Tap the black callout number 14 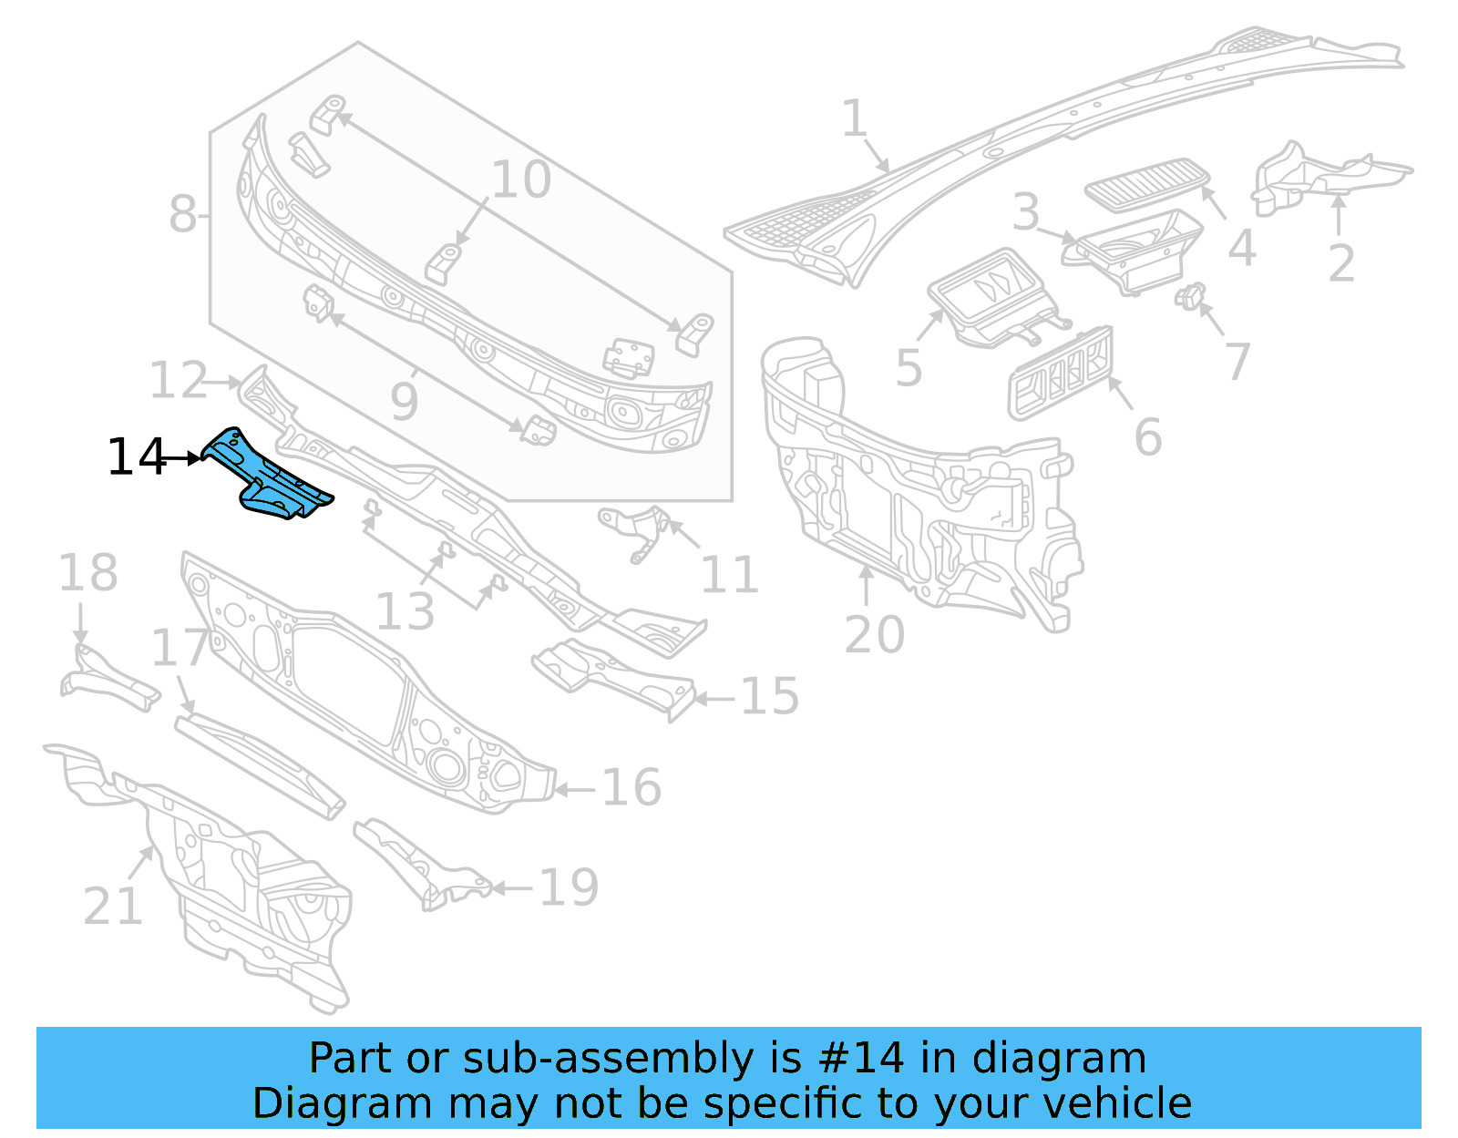point(137,457)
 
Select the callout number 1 point(854,119)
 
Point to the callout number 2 point(1340,263)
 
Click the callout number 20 point(874,635)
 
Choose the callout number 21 point(113,907)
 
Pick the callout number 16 point(631,788)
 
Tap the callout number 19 point(569,887)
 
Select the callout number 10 point(521,179)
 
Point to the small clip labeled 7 point(1189,296)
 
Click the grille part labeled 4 point(1146,183)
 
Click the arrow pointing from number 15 point(715,700)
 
